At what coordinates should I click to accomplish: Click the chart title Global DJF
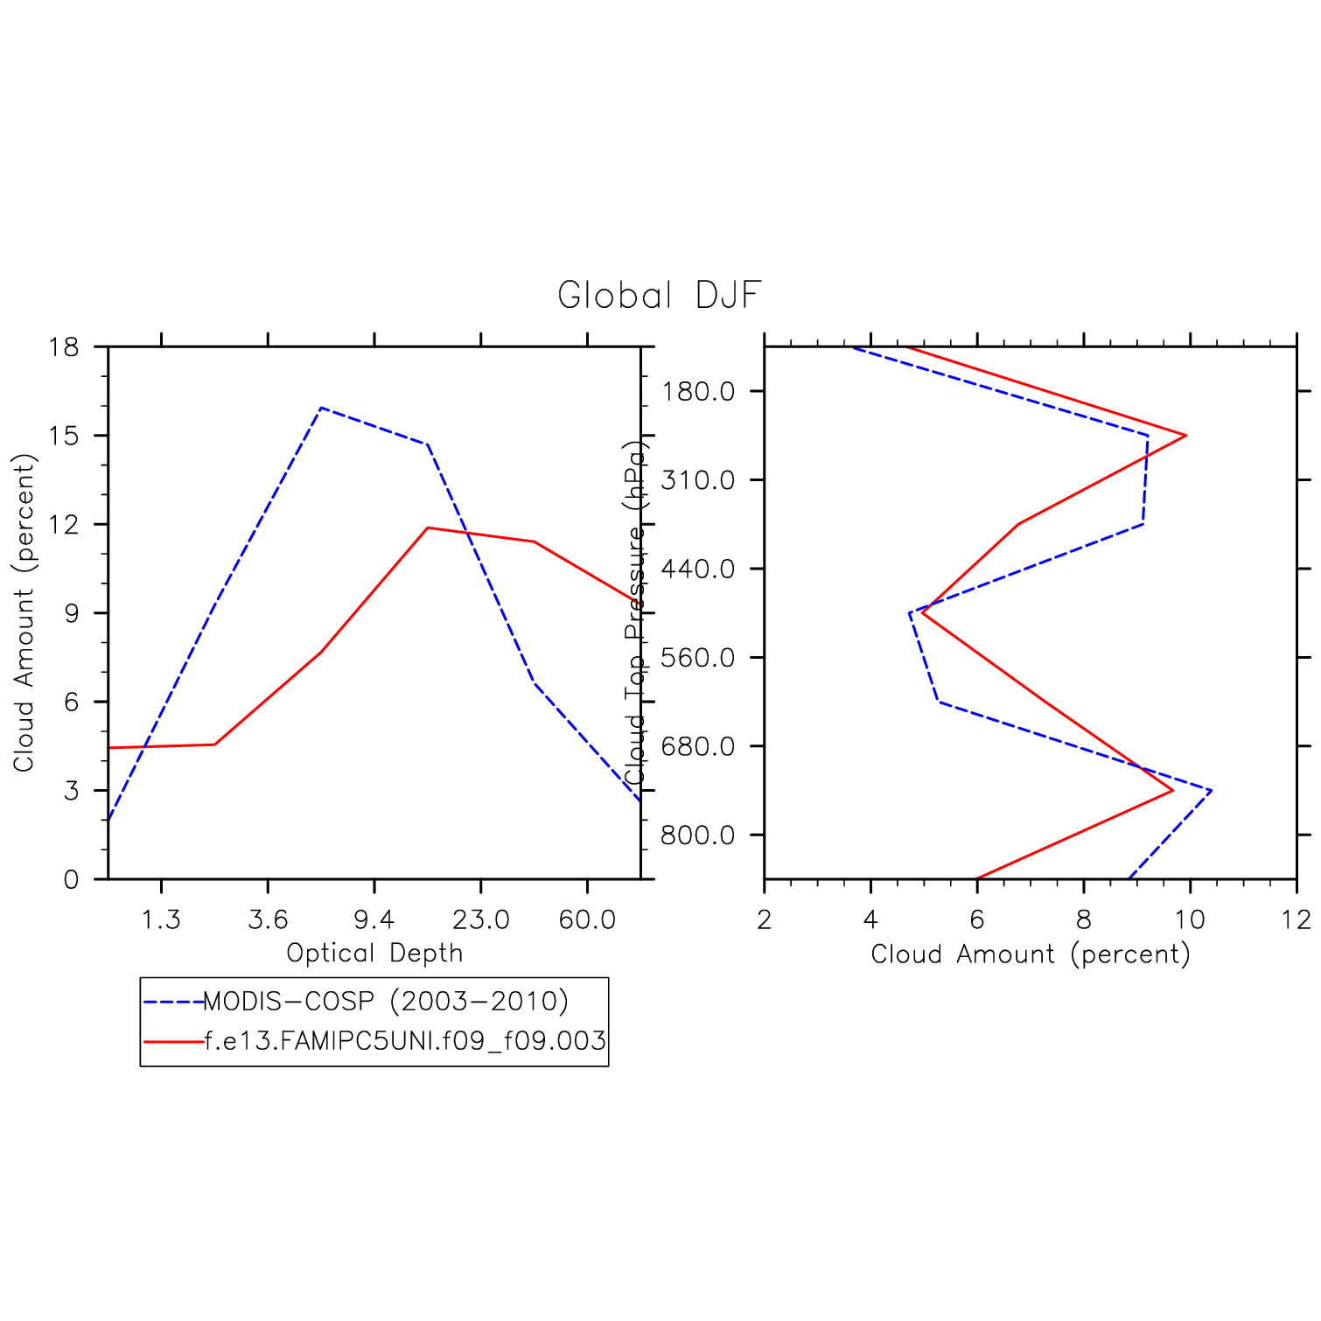659,296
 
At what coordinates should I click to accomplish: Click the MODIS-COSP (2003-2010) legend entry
386,1001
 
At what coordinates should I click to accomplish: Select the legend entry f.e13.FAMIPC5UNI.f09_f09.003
405,1041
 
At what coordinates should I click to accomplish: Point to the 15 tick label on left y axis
64,436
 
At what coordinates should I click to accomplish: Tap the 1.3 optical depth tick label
161,920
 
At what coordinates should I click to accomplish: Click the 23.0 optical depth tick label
480,920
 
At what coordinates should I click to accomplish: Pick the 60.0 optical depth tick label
587,920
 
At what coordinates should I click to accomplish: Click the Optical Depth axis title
374,953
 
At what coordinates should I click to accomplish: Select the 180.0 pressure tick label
698,391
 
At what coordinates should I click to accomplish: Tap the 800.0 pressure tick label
698,835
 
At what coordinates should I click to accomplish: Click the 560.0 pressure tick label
698,658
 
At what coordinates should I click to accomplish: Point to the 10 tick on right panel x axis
1190,920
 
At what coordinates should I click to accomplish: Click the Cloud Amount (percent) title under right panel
1031,954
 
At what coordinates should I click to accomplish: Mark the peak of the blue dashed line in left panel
321,408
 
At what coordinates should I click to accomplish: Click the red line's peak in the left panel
428,528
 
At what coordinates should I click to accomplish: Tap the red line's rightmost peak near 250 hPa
1185,436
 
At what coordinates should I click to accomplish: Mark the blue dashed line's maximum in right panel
1211,791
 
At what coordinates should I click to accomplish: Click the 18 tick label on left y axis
64,347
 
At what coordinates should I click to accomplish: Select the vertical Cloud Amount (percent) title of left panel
24,612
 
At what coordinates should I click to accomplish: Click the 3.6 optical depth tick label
268,920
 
